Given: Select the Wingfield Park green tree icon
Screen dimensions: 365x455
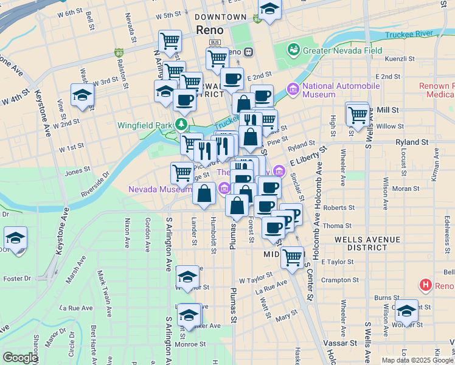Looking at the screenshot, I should click(x=181, y=125).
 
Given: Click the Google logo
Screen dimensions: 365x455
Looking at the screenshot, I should click(x=20, y=358).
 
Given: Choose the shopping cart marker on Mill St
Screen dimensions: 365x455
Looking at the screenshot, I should click(x=358, y=113).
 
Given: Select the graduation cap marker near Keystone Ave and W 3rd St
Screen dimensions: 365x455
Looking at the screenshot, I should click(x=82, y=96).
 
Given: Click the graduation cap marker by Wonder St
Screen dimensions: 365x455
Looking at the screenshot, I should click(x=406, y=311).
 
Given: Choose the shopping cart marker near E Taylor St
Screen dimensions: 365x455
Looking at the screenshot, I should click(x=293, y=257).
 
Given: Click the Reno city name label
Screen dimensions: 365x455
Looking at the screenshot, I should click(x=210, y=30).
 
